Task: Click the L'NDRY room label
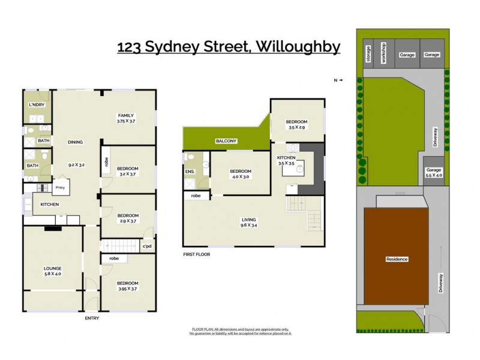pyautogui.click(x=37, y=105)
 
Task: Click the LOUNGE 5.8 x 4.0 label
pyautogui.click(x=52, y=271)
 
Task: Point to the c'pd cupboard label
pyautogui.click(x=146, y=246)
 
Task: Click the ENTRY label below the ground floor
pyautogui.click(x=92, y=318)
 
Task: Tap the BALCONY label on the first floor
pyautogui.click(x=226, y=141)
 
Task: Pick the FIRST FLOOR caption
pyautogui.click(x=196, y=254)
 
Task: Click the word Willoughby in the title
pyautogui.click(x=295, y=46)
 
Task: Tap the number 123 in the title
pyautogui.click(x=129, y=46)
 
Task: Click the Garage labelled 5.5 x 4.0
pyautogui.click(x=433, y=172)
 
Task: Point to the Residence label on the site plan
pyautogui.click(x=396, y=259)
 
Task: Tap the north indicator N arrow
pyautogui.click(x=340, y=80)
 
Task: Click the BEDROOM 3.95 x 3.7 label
pyautogui.click(x=127, y=286)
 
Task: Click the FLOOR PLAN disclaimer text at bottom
pyautogui.click(x=240, y=331)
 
